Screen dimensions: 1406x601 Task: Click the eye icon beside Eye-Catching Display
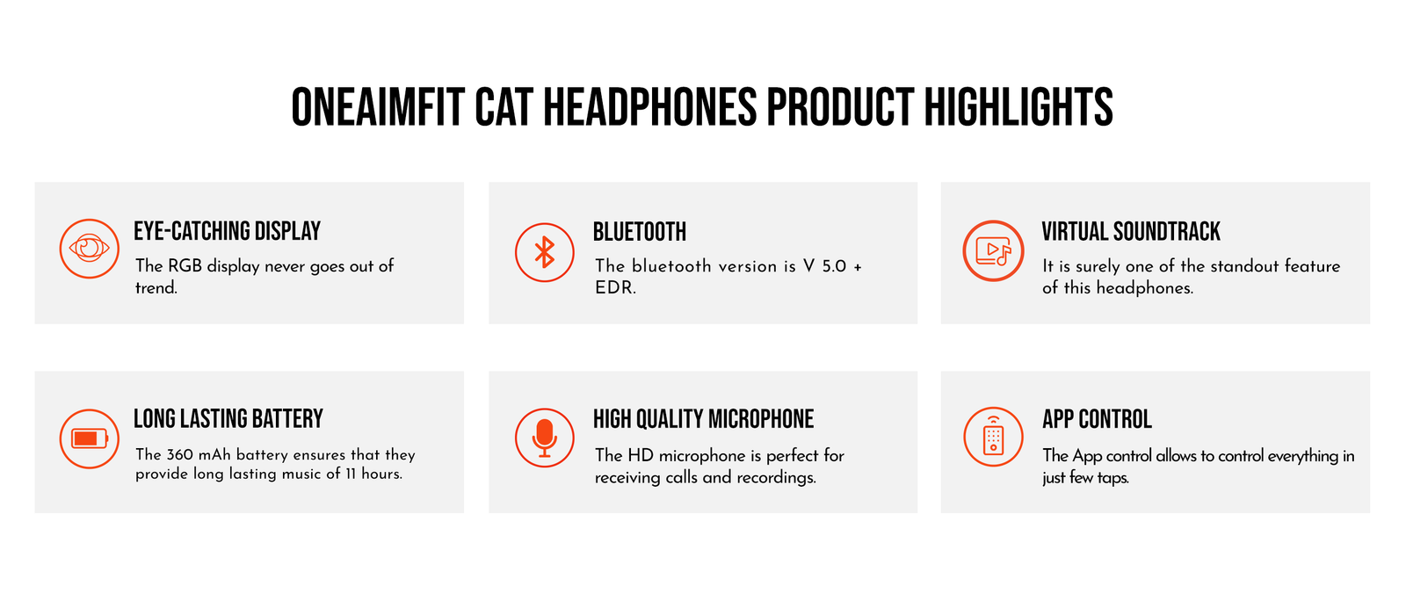pyautogui.click(x=89, y=249)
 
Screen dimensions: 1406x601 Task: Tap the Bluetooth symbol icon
pyautogui.click(x=544, y=252)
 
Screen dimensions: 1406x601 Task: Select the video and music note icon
pyautogui.click(x=993, y=250)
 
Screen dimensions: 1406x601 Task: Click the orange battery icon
pyautogui.click(x=89, y=438)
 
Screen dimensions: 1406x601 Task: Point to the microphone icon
pyautogui.click(x=544, y=438)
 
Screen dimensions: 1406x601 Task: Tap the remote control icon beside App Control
pyautogui.click(x=993, y=437)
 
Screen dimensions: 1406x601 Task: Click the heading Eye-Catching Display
pyautogui.click(x=227, y=231)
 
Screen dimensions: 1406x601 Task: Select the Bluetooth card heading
pyautogui.click(x=639, y=232)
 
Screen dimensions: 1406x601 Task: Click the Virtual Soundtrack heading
pyautogui.click(x=1130, y=231)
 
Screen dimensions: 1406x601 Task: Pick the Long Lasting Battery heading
pyautogui.click(x=228, y=418)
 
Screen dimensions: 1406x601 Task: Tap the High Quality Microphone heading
pyautogui.click(x=703, y=419)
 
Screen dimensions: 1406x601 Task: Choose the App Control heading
pyautogui.click(x=1097, y=419)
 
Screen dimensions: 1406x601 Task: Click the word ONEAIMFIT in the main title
pyautogui.click(x=378, y=107)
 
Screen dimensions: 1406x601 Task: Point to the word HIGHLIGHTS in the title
pyautogui.click(x=1018, y=107)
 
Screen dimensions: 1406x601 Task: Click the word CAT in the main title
pyautogui.click(x=504, y=107)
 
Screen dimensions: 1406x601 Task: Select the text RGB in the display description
pyautogui.click(x=185, y=266)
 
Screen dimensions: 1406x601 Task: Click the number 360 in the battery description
pyautogui.click(x=179, y=454)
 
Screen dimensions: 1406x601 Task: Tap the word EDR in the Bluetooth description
pyautogui.click(x=615, y=288)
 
